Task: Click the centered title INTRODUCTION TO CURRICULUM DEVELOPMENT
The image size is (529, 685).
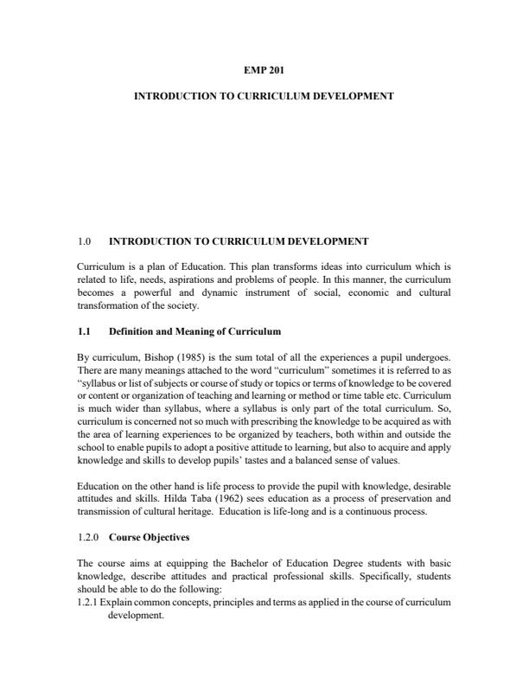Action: point(264,96)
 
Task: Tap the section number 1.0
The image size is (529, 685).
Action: point(85,240)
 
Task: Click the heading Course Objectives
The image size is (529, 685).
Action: point(149,537)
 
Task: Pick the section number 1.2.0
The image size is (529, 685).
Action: point(88,537)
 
